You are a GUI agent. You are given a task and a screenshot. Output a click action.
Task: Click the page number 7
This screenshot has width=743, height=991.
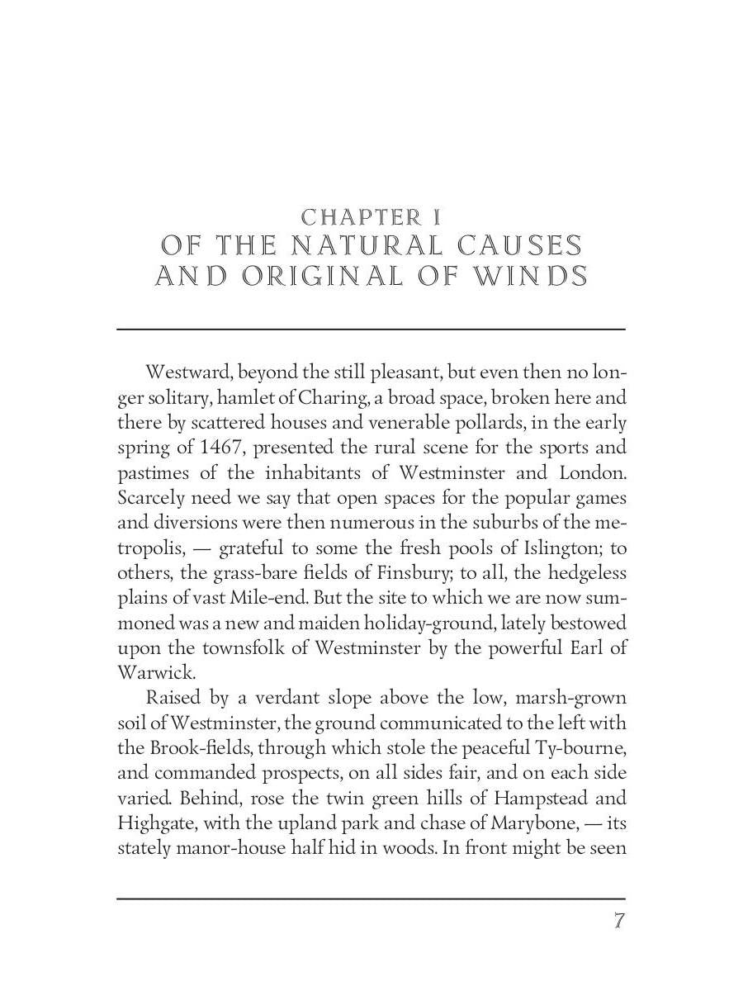tap(618, 922)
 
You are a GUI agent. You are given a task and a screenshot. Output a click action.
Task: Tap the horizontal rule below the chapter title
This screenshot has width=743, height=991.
tap(371, 329)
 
